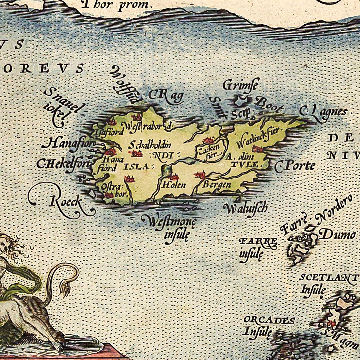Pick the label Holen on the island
174,185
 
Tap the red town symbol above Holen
174,177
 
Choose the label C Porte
295,166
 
